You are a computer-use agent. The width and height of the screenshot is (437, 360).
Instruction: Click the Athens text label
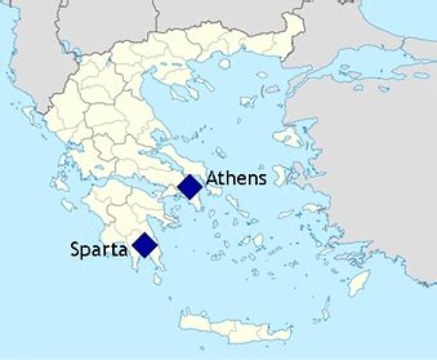[x=236, y=178]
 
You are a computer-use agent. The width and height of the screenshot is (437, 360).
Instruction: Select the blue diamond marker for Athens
[x=190, y=186]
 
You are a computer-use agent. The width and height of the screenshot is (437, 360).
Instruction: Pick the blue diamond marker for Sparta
[x=145, y=245]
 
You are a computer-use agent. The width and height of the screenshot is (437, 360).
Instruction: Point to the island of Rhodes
[x=360, y=282]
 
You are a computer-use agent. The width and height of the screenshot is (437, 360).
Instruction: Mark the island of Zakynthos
[x=69, y=205]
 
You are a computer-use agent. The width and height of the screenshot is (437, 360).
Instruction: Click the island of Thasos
[x=225, y=64]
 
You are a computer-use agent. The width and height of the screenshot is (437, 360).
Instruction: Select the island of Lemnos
[x=249, y=101]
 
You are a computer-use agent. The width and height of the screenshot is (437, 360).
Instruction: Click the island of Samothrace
[x=262, y=75]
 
